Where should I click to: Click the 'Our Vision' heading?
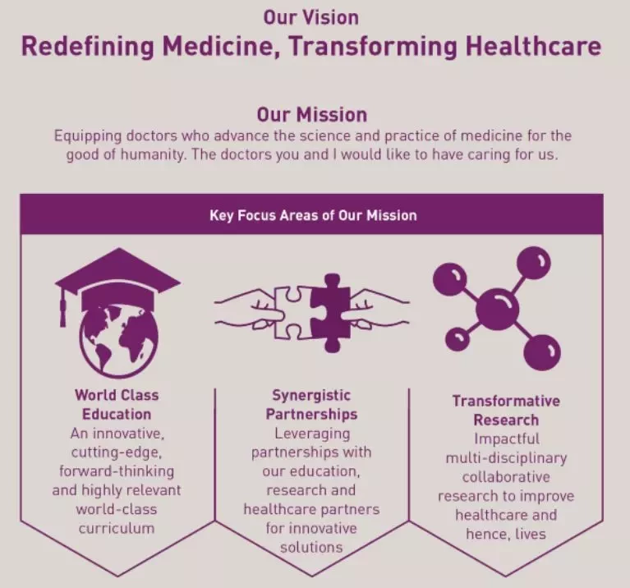tap(311, 18)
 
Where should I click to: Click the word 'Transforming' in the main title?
tap(373, 47)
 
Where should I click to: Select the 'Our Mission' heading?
tap(312, 115)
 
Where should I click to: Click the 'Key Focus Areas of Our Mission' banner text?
tap(313, 216)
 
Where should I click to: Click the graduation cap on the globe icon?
tap(117, 278)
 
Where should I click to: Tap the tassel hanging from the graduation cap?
tap(62, 306)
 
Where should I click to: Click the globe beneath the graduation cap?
tap(119, 342)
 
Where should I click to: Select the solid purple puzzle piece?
tap(330, 312)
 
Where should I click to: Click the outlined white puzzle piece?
tap(290, 312)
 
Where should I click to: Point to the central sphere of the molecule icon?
tap(497, 310)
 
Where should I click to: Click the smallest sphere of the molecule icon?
tap(458, 339)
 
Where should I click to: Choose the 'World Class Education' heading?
tap(117, 405)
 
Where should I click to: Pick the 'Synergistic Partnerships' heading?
tap(311, 405)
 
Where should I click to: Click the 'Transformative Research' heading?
tap(506, 411)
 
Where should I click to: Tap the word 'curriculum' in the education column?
tap(117, 528)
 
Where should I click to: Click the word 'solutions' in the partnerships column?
tap(311, 547)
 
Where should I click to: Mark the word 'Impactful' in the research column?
tap(507, 439)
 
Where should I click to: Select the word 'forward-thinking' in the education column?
tap(117, 471)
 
